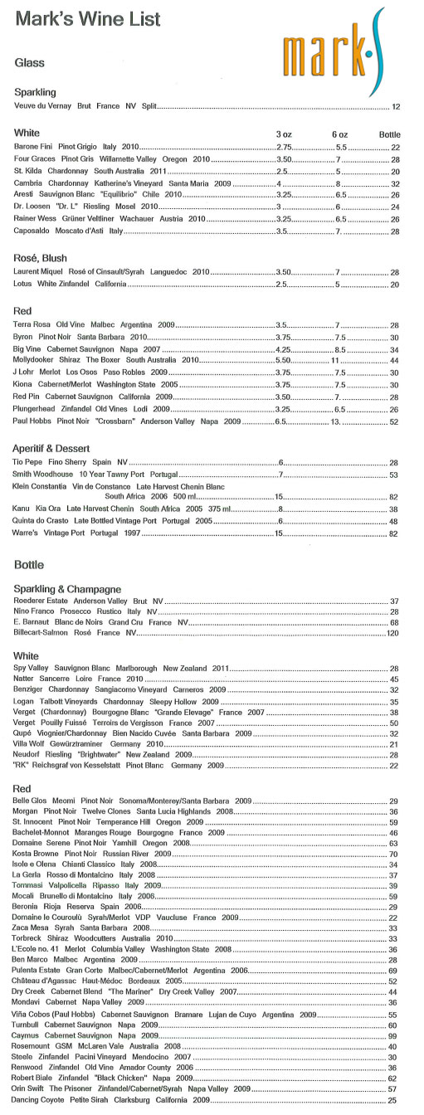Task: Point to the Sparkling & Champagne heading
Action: [68, 588]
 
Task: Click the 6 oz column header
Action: [339, 134]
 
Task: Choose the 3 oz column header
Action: [284, 134]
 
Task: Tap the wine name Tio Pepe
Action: [31, 461]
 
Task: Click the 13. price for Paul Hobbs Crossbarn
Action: [336, 422]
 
